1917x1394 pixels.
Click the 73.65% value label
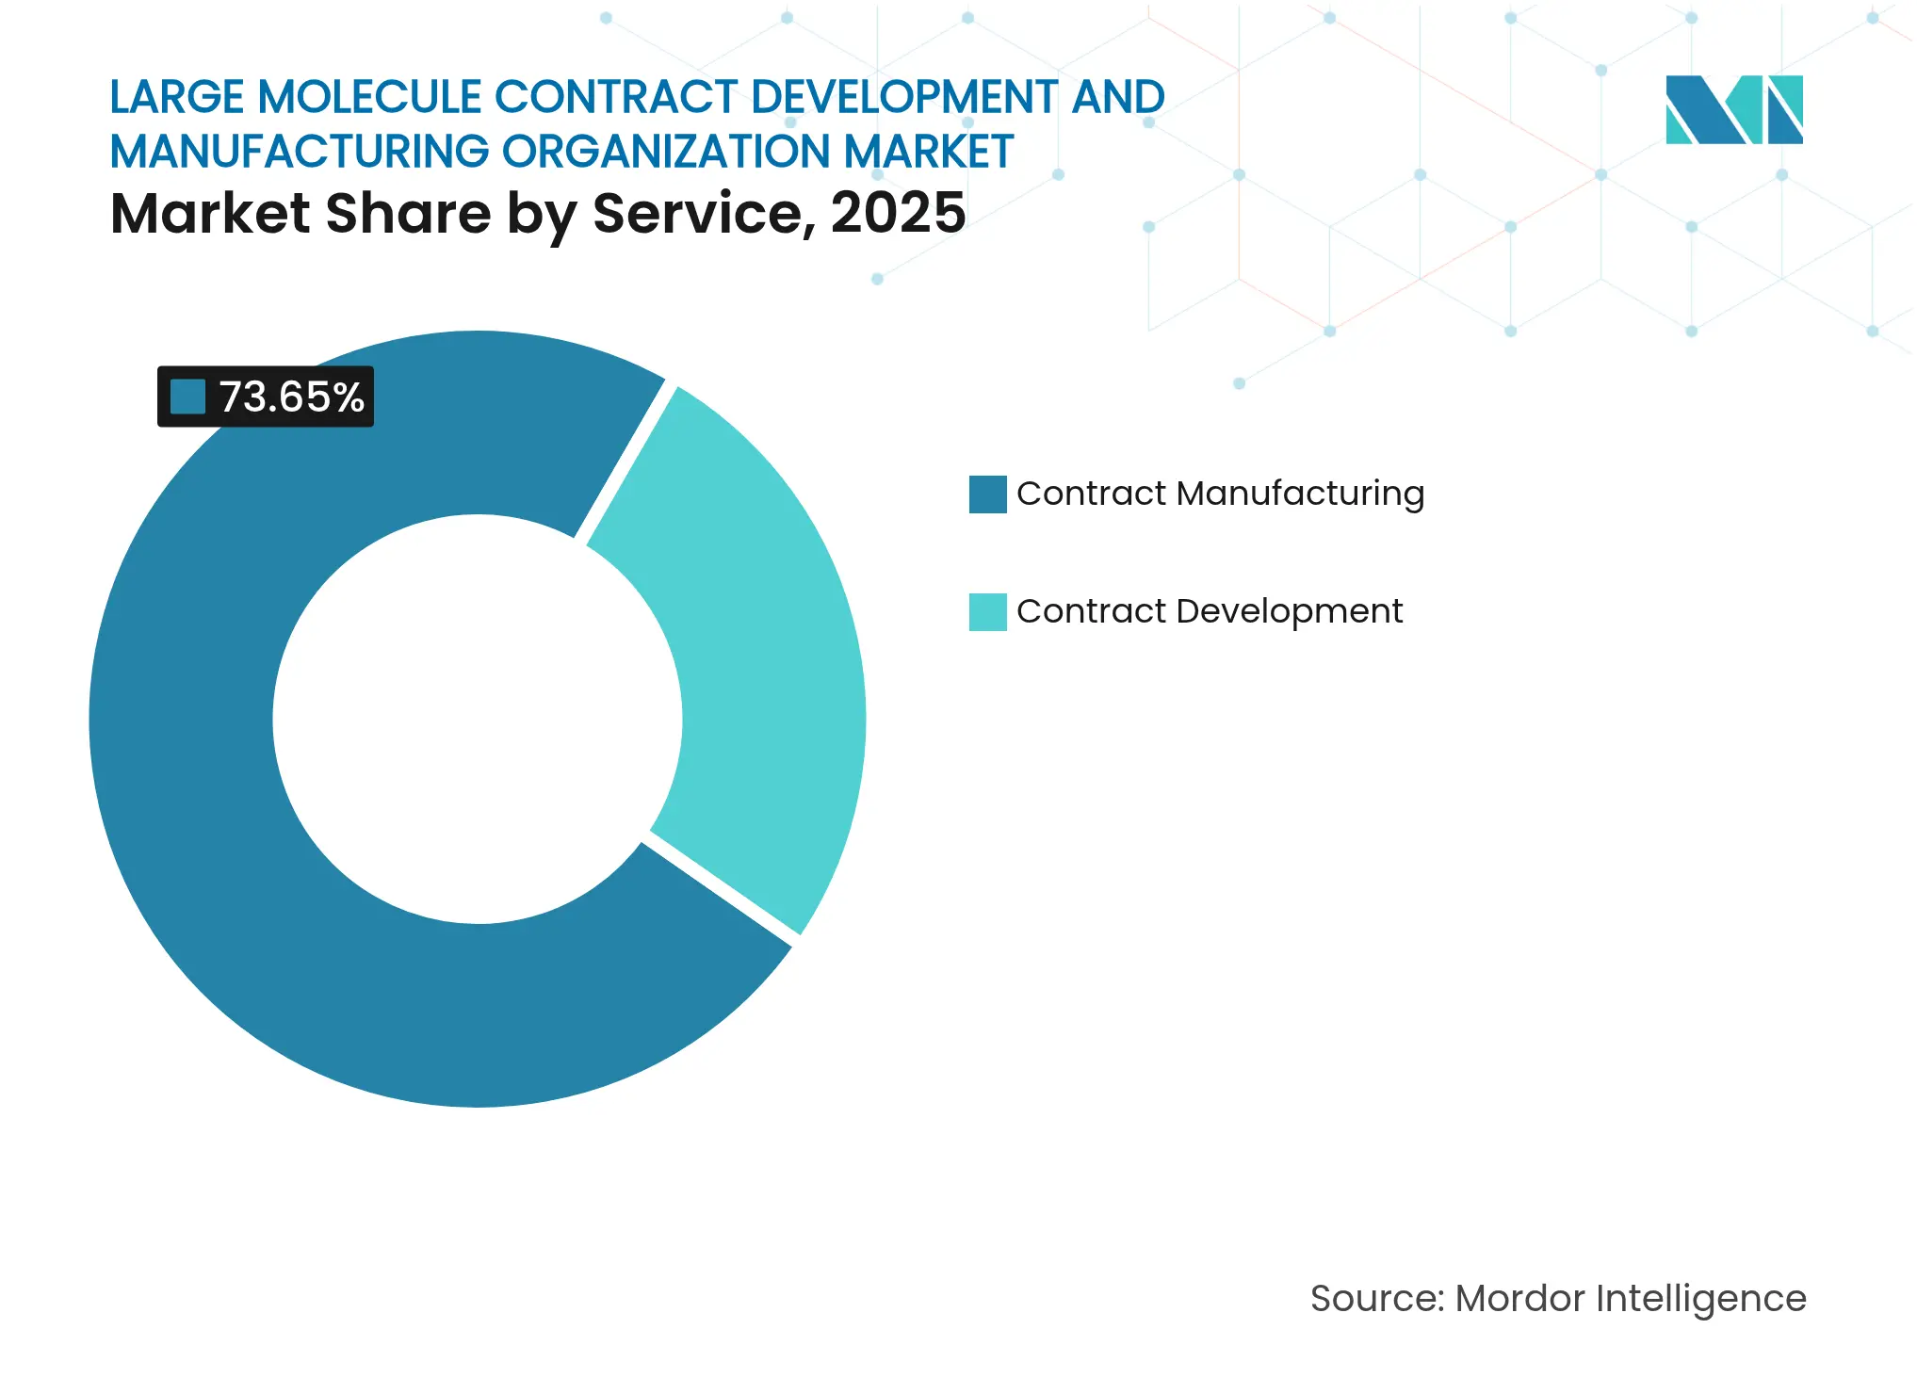point(290,397)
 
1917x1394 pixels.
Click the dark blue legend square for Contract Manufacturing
point(987,494)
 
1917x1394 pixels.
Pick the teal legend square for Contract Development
point(987,612)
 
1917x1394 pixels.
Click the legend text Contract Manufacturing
point(1220,494)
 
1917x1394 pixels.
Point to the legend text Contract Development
point(1210,611)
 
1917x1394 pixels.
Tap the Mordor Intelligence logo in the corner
point(1733,109)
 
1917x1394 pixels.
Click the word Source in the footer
point(1375,1299)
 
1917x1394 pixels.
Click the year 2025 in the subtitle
point(898,213)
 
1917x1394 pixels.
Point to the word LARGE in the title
point(177,97)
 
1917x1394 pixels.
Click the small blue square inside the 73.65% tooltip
point(187,397)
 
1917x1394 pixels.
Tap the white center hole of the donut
point(478,719)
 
